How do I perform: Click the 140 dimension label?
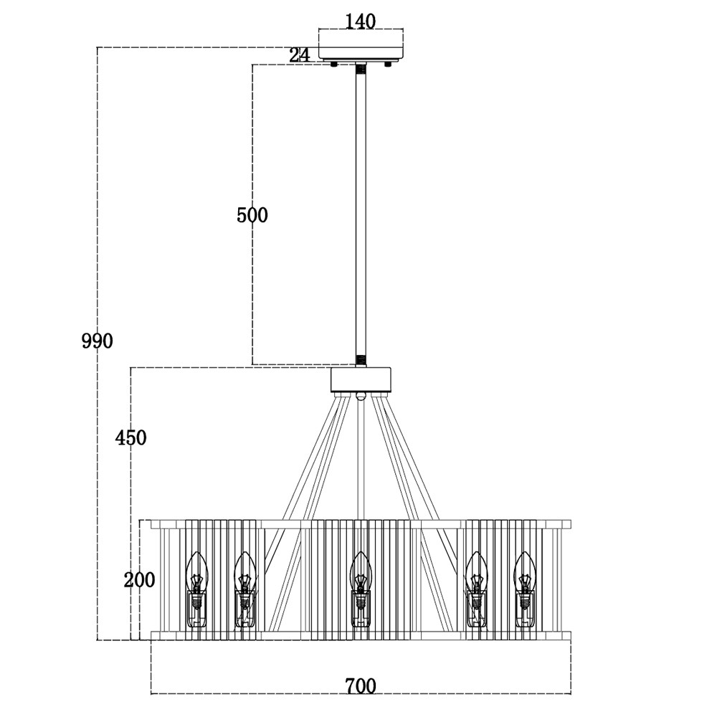[360, 22]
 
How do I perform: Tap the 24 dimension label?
[300, 55]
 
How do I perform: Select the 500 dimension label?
[252, 214]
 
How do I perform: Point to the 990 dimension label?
[97, 341]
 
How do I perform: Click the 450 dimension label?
[130, 437]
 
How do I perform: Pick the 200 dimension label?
[139, 580]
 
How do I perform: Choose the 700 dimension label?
[360, 686]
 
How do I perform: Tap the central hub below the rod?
[361, 380]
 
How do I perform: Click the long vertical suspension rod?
[361, 215]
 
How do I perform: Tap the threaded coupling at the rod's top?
[361, 70]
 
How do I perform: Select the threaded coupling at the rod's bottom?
[361, 360]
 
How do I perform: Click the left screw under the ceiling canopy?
[334, 65]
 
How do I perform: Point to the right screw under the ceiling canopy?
[388, 65]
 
